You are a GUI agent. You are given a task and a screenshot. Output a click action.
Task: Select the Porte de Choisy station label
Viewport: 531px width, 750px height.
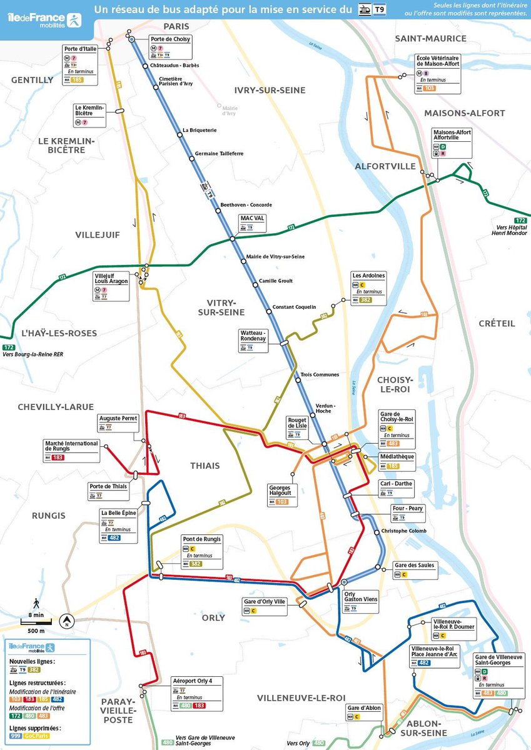click(x=170, y=39)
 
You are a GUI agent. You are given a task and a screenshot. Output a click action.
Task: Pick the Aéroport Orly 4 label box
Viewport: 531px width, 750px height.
click(x=196, y=693)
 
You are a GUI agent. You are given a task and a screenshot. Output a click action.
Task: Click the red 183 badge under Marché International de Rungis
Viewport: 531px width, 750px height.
click(x=58, y=457)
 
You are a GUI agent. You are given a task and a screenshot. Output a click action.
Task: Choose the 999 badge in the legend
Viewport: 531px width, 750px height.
click(x=16, y=737)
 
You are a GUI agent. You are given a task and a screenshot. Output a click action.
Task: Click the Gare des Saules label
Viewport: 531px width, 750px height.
click(x=414, y=565)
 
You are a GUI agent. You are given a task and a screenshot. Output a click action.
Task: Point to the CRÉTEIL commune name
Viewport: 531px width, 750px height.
click(x=497, y=323)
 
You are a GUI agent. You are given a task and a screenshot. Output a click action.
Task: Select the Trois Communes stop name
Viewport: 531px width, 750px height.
click(x=320, y=375)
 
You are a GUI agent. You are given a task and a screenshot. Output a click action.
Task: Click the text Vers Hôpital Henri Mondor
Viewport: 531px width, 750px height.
click(x=510, y=231)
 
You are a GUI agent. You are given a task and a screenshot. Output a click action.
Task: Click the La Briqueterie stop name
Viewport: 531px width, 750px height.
click(x=200, y=130)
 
